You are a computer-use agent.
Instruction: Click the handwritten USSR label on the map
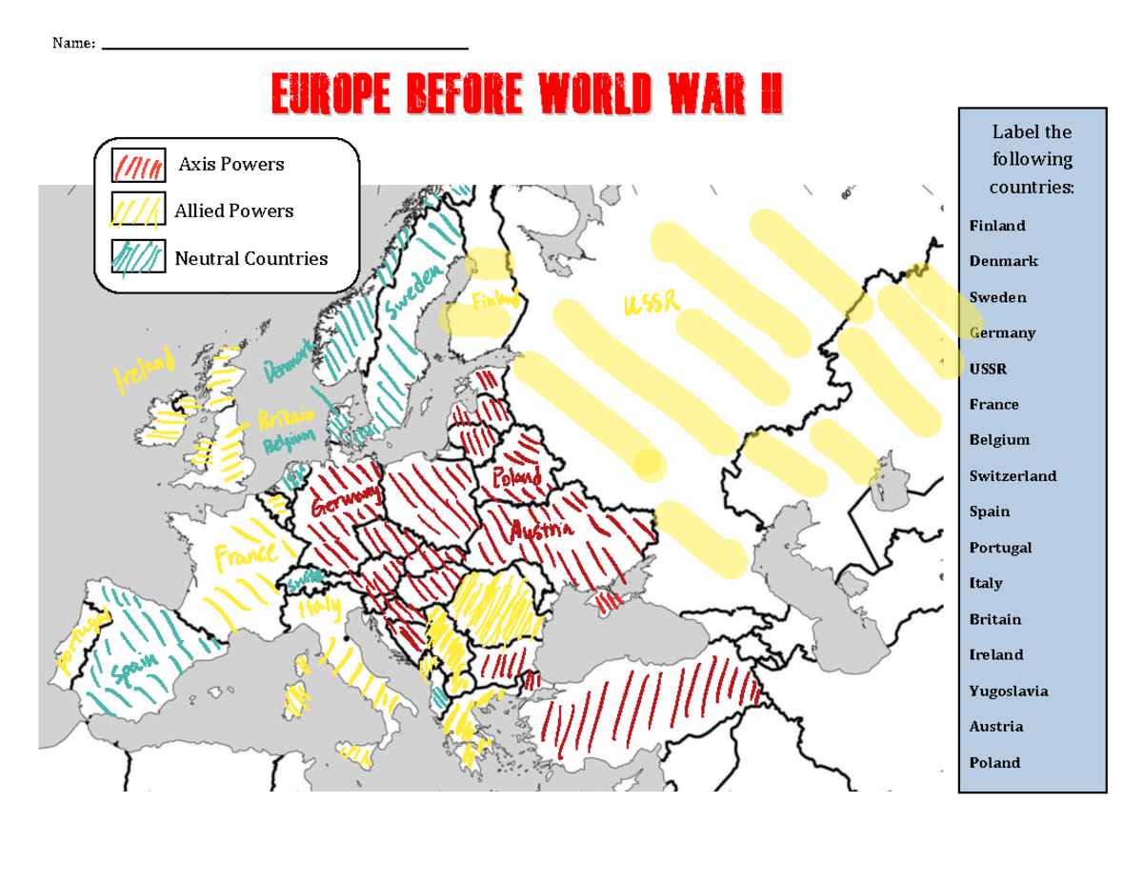(x=651, y=304)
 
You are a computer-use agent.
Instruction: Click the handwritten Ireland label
(x=146, y=371)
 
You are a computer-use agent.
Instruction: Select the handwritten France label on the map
(x=245, y=553)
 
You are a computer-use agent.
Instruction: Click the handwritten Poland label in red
(x=516, y=474)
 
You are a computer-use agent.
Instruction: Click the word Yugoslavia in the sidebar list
(x=1009, y=691)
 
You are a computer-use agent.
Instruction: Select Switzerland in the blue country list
(x=1013, y=475)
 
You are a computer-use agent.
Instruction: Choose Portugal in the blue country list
(x=1000, y=548)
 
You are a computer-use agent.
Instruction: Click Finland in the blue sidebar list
(x=997, y=226)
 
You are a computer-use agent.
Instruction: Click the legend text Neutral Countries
(x=251, y=258)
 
